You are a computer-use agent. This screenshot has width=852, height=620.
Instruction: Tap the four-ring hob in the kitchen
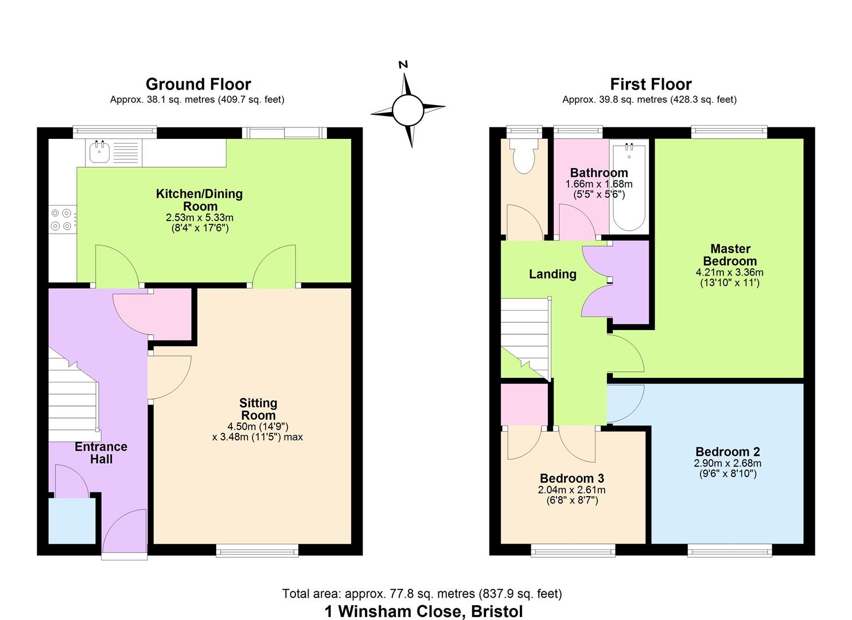(x=62, y=219)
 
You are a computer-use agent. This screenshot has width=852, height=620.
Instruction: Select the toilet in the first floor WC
(x=524, y=156)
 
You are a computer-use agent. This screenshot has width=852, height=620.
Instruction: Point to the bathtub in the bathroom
(x=629, y=187)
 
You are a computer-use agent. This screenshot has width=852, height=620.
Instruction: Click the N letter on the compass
(x=403, y=65)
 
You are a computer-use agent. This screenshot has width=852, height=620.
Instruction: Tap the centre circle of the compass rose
(x=407, y=109)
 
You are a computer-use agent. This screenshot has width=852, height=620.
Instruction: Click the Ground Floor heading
(x=198, y=84)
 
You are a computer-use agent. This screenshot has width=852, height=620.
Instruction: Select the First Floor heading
(x=651, y=84)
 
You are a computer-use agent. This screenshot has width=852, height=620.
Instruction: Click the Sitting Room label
(x=258, y=409)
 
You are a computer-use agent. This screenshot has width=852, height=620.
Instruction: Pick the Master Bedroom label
(x=730, y=255)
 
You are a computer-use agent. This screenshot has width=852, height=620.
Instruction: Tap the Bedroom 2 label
(x=727, y=452)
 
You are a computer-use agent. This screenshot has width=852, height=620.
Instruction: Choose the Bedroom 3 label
(x=571, y=478)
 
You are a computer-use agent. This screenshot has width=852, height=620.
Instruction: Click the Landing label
(x=553, y=274)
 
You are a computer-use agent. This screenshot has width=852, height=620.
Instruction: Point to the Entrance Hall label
(x=101, y=453)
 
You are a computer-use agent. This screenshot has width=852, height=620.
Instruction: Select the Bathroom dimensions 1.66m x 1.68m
(x=599, y=184)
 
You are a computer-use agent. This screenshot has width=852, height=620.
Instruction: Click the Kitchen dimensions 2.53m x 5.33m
(x=200, y=218)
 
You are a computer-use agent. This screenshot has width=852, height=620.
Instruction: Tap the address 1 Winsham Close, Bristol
(x=423, y=611)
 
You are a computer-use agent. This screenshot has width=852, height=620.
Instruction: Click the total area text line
(x=422, y=594)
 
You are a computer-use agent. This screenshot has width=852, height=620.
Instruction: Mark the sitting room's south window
(x=257, y=551)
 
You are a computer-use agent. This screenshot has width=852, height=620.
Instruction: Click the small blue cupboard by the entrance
(x=72, y=521)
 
